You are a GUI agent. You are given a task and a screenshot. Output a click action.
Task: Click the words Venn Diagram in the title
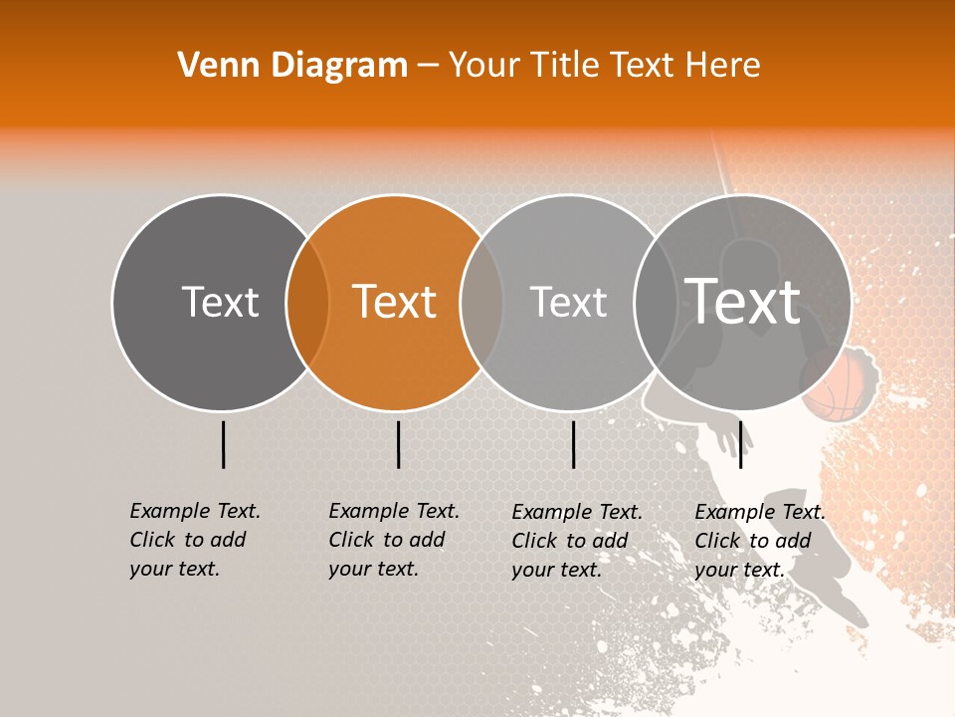click(x=292, y=65)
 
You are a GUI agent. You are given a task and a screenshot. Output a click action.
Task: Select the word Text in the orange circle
click(x=395, y=302)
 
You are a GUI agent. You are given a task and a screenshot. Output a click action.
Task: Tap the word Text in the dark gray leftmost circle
click(x=220, y=302)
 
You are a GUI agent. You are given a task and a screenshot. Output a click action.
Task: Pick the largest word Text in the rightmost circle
click(x=743, y=301)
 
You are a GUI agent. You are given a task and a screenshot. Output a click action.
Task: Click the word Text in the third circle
click(x=568, y=302)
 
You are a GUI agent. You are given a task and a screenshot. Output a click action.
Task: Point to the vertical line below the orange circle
click(x=398, y=444)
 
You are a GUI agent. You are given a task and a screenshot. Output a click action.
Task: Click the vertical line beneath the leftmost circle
click(x=223, y=444)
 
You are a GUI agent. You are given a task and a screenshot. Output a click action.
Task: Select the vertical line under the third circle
click(x=573, y=444)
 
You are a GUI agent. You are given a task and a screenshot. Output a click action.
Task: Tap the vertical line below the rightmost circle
click(x=740, y=444)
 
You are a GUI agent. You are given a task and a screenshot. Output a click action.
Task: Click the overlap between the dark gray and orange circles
click(x=307, y=303)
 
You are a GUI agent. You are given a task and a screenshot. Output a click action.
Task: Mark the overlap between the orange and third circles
click(x=481, y=303)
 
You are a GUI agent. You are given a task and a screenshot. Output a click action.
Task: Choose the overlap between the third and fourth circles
click(x=656, y=303)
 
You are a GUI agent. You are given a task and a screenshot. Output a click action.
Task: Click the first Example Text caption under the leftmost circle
click(x=195, y=511)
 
